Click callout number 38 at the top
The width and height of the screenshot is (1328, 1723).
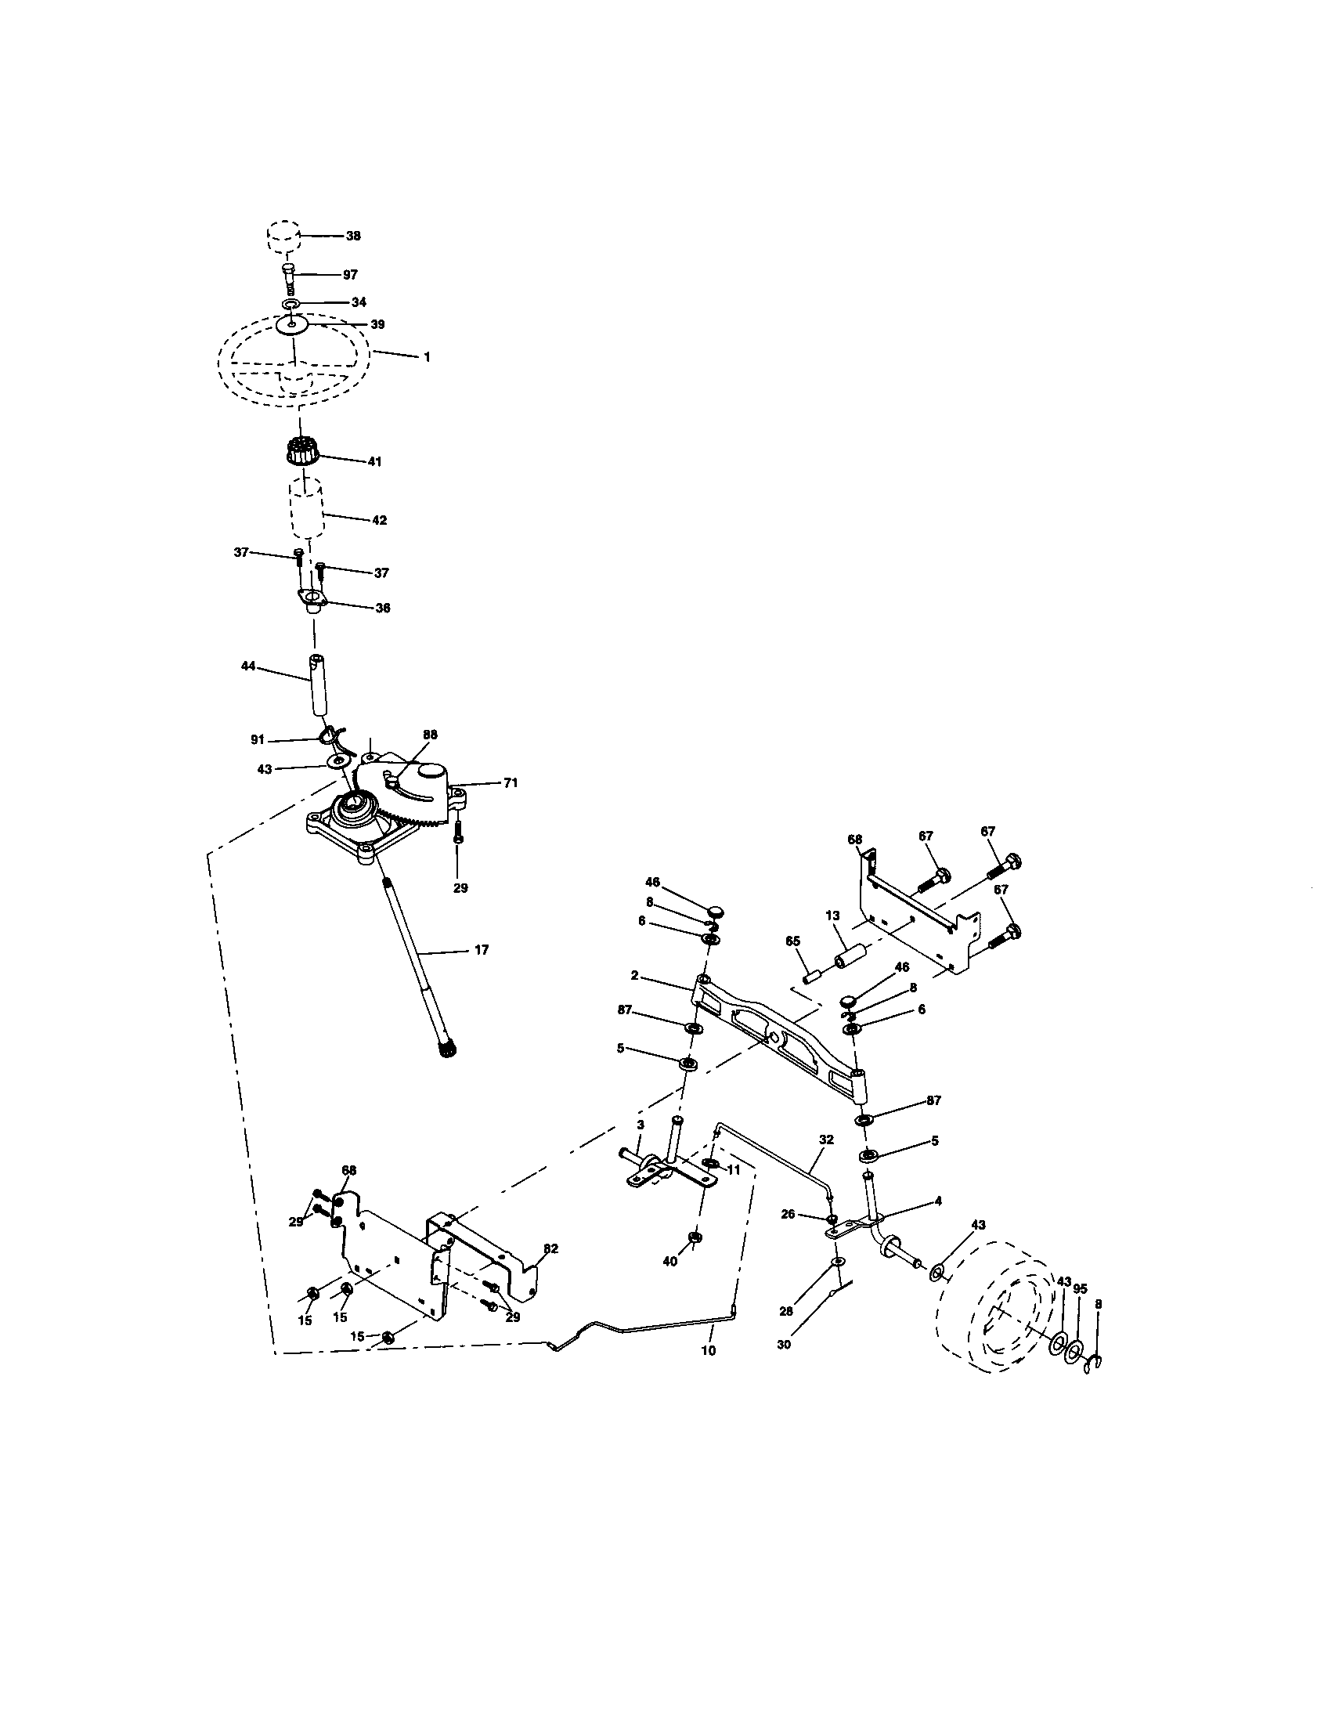point(354,236)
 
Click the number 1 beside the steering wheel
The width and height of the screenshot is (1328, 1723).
point(427,356)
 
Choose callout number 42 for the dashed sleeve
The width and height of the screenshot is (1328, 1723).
point(379,521)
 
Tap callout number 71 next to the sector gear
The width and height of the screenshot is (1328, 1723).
point(511,783)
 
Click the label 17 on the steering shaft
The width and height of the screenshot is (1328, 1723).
point(482,950)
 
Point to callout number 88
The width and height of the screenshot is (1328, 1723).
point(430,735)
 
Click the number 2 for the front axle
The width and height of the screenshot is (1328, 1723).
point(634,976)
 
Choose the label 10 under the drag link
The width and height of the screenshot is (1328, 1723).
point(708,1350)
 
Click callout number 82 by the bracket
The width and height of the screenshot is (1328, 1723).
point(550,1248)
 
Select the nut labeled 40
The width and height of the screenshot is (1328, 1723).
point(695,1236)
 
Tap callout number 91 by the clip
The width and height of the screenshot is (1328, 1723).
point(257,740)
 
